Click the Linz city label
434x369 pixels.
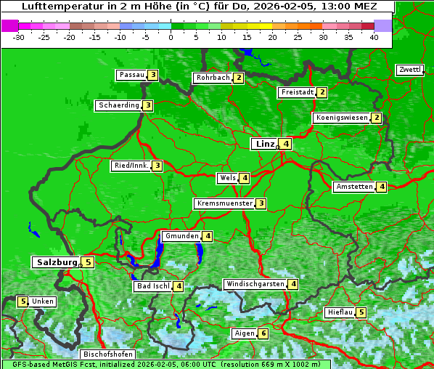[265, 144]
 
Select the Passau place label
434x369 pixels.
[131, 75]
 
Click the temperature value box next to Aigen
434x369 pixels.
[263, 333]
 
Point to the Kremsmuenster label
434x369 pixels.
[224, 203]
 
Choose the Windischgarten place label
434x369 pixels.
[254, 284]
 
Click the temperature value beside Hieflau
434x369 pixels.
[361, 312]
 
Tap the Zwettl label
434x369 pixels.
[409, 70]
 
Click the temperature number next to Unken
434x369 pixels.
[23, 301]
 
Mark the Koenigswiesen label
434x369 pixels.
[341, 118]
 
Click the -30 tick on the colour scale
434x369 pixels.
[19, 37]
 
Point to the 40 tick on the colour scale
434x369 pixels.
[374, 37]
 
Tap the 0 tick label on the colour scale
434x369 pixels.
[171, 37]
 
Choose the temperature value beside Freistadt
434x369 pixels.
[322, 92]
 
